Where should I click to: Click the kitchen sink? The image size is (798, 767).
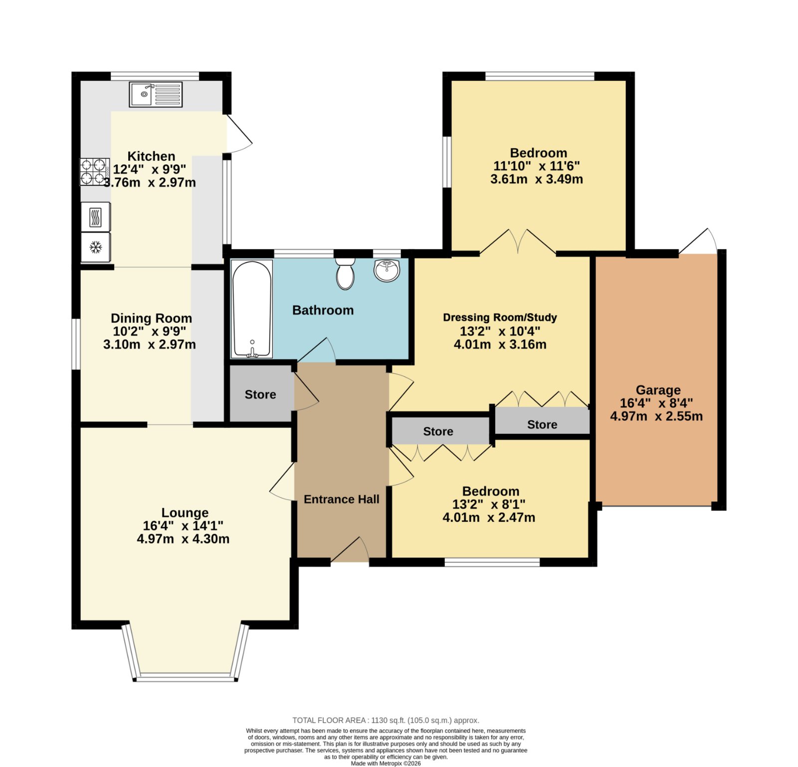(x=156, y=94)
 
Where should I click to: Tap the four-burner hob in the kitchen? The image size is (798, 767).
(x=95, y=172)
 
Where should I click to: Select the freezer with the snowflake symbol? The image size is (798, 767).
(x=96, y=247)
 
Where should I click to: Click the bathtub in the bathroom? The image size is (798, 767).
(x=252, y=309)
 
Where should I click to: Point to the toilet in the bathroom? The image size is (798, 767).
(x=345, y=273)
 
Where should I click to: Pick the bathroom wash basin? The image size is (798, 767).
(x=387, y=270)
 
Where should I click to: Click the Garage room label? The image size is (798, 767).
(x=658, y=390)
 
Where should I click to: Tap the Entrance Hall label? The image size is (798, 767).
(x=341, y=499)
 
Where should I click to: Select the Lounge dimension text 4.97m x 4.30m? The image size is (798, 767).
(x=183, y=539)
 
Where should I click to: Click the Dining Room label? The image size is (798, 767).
(x=151, y=318)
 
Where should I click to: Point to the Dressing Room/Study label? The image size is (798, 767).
(x=500, y=318)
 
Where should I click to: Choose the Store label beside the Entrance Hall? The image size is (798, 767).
(x=260, y=394)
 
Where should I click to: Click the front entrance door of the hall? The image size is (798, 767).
(x=350, y=550)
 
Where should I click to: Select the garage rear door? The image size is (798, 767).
(x=698, y=242)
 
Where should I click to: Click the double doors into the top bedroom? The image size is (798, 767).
(x=518, y=242)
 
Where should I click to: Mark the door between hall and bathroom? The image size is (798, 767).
(x=317, y=350)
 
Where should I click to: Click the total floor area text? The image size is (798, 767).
(x=386, y=720)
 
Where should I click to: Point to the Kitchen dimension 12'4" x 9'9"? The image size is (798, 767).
(x=150, y=170)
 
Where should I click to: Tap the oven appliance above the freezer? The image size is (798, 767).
(x=96, y=217)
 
